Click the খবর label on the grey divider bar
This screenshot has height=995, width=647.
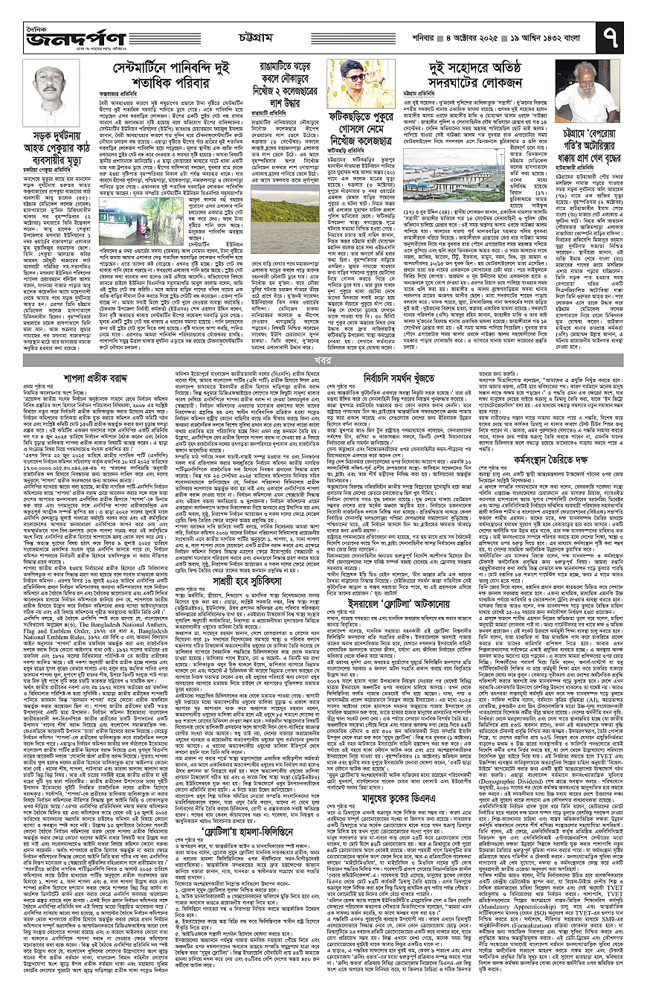tap(323, 360)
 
